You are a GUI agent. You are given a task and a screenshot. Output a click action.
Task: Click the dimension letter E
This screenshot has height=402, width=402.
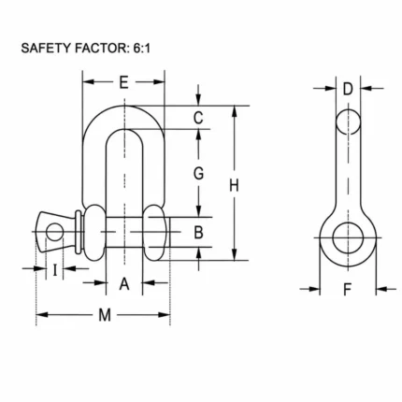click(123, 82)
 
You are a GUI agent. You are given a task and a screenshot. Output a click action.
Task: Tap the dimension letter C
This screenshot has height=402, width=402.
click(198, 118)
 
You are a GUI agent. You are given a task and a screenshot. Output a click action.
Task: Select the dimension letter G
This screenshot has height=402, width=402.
click(198, 173)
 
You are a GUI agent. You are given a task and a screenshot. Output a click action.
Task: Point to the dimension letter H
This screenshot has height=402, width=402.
click(234, 185)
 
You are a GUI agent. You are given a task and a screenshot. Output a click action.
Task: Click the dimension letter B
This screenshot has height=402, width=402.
click(198, 232)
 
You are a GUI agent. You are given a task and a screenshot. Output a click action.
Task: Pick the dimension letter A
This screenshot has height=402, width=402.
click(124, 284)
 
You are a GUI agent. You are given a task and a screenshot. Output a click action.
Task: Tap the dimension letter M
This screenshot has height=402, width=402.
click(105, 315)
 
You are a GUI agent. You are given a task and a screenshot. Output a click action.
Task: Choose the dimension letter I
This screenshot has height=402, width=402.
click(55, 270)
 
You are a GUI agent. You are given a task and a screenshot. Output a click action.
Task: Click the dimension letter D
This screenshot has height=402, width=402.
click(348, 89)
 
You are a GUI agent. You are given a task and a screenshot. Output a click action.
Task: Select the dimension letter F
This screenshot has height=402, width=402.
click(347, 290)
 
